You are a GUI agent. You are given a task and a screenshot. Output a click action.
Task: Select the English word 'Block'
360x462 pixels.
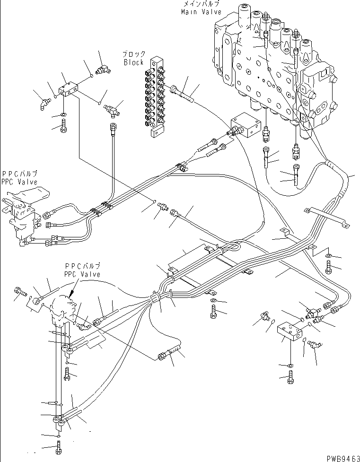[x=133, y=62]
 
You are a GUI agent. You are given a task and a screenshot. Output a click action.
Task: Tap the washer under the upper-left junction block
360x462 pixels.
[x=63, y=115]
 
